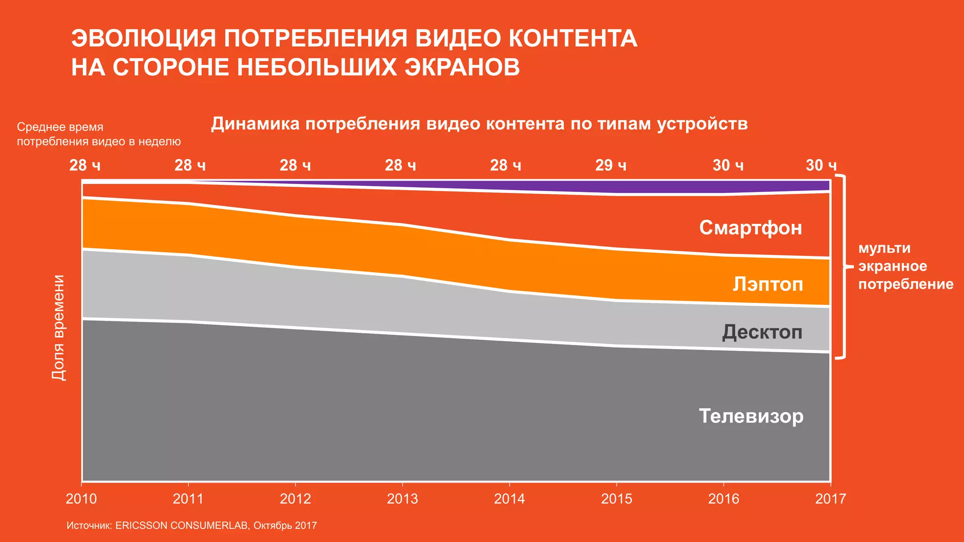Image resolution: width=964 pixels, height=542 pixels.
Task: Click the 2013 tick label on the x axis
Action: coord(402,499)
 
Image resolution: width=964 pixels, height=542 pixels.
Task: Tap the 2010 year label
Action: coord(81,499)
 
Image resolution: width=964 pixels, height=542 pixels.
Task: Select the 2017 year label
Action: coord(830,499)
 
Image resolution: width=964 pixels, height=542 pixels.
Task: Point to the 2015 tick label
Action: coord(616,499)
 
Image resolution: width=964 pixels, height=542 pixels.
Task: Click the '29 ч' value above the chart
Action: coord(611,165)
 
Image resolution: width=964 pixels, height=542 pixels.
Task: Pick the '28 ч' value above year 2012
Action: coord(295,165)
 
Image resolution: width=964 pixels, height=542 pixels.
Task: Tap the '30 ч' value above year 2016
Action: coord(728,165)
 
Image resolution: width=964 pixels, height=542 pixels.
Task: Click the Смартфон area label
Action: coord(750,228)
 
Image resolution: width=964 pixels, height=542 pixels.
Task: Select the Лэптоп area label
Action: coord(767,284)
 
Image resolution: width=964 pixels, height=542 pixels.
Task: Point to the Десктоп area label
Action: coord(762,332)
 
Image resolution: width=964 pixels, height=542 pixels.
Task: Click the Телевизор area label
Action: coord(751,416)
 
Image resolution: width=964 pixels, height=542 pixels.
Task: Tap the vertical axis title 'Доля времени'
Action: coord(58,327)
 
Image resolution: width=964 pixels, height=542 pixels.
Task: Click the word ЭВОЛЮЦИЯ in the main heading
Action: coord(144,39)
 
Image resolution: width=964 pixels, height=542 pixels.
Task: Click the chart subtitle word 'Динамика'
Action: coord(255,124)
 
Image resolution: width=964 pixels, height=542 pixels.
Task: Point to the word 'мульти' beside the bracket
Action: coord(884,248)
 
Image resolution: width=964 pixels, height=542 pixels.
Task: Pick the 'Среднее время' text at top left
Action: coord(60,127)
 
